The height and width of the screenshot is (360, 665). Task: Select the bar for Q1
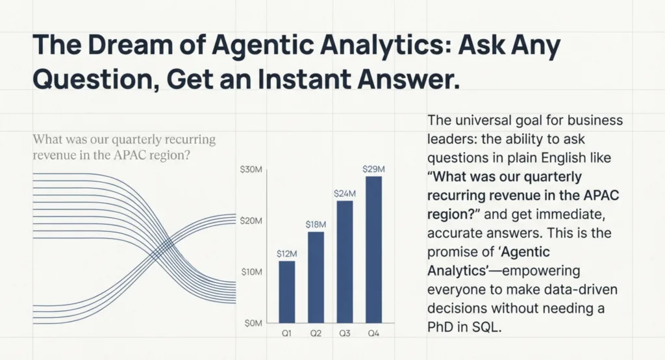(286, 292)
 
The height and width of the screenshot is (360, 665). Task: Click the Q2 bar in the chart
(316, 277)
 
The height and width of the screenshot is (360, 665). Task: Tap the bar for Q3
(345, 262)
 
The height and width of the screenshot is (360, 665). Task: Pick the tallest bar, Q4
(373, 250)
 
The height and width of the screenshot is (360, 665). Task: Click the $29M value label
(373, 169)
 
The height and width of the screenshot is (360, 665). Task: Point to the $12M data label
(286, 254)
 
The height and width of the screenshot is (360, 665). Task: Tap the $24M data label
(345, 194)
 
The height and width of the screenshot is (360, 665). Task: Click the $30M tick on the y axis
(251, 170)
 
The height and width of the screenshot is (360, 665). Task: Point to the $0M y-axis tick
(253, 324)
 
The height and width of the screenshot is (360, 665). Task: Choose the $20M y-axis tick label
(251, 221)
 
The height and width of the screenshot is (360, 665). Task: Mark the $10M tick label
(252, 272)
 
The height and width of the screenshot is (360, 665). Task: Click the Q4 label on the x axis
(373, 333)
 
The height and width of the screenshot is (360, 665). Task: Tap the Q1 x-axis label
(286, 333)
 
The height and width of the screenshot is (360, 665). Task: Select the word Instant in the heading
(304, 79)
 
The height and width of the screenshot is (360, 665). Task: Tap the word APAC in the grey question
(130, 155)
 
